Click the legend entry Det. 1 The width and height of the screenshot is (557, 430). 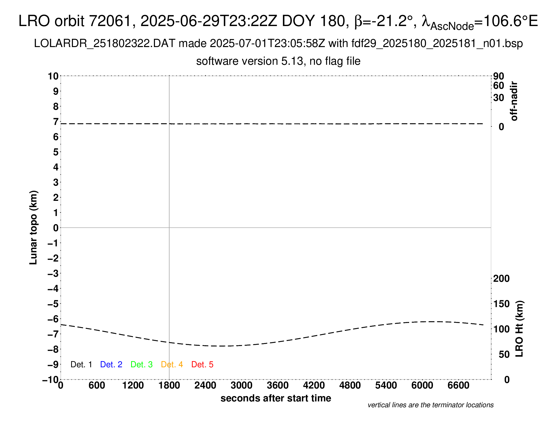tap(81, 364)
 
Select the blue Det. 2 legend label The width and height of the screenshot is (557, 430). tap(111, 364)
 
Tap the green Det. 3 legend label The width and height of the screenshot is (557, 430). tap(142, 364)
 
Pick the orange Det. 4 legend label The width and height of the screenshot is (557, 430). tap(172, 364)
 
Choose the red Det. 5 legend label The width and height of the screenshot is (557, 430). tap(202, 364)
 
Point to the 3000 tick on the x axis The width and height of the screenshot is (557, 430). tap(242, 385)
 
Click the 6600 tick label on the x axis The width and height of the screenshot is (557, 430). tap(458, 385)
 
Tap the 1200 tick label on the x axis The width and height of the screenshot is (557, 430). tap(133, 385)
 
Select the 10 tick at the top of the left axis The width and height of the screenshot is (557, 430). tap(53, 76)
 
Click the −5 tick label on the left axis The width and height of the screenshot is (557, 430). tap(53, 304)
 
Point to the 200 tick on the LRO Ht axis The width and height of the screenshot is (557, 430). tap(501, 278)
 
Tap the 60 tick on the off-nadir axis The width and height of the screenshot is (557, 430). tap(499, 85)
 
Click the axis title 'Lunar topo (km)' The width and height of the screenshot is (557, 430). tap(33, 227)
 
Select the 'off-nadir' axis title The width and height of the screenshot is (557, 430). tap(514, 101)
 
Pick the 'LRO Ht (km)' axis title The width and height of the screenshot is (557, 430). tap(519, 329)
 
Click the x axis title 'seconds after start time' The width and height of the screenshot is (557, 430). tap(276, 398)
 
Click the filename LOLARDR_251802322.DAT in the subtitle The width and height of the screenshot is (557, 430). tap(105, 44)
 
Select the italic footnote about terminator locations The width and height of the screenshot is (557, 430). tap(430, 405)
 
